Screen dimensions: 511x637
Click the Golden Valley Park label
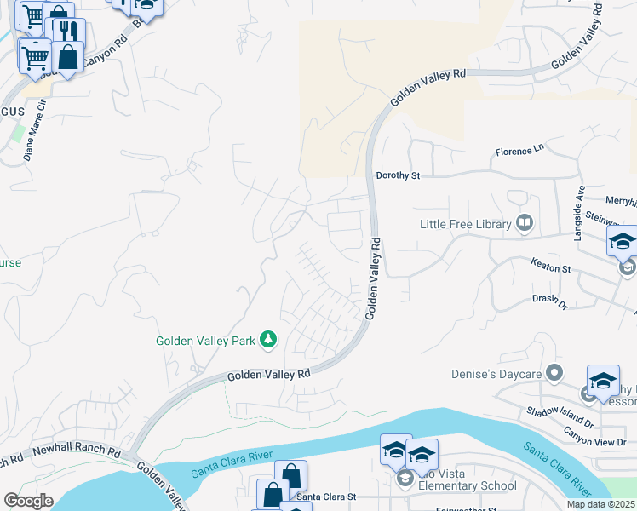click(x=205, y=341)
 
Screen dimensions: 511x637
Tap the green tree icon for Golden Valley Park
click(x=268, y=340)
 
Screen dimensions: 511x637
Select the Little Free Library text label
click(x=465, y=225)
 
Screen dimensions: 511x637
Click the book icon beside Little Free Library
click(x=525, y=224)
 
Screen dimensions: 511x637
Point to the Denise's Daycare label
click(x=497, y=373)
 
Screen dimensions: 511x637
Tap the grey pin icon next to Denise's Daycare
click(x=555, y=373)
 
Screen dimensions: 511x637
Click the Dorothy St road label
click(x=399, y=176)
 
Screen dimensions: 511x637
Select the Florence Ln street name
click(x=519, y=152)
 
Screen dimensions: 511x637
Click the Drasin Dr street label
click(x=549, y=301)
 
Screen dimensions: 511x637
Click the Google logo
click(x=28, y=501)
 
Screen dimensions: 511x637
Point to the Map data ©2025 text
click(x=600, y=504)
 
